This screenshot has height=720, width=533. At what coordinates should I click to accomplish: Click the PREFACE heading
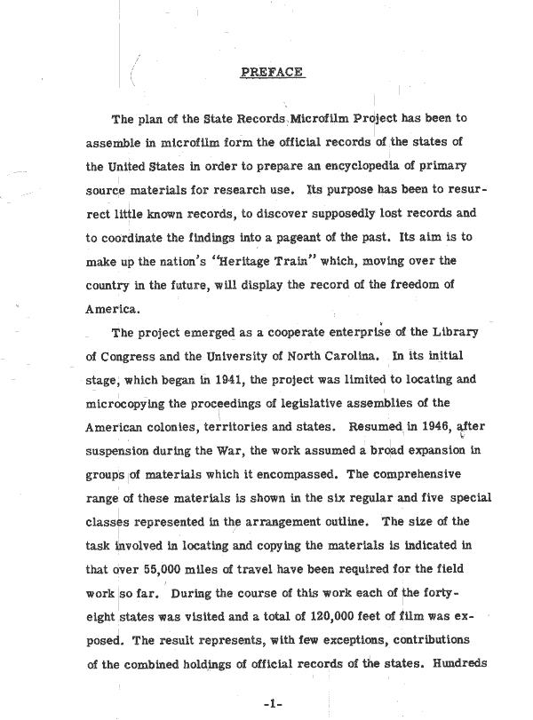point(273,73)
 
